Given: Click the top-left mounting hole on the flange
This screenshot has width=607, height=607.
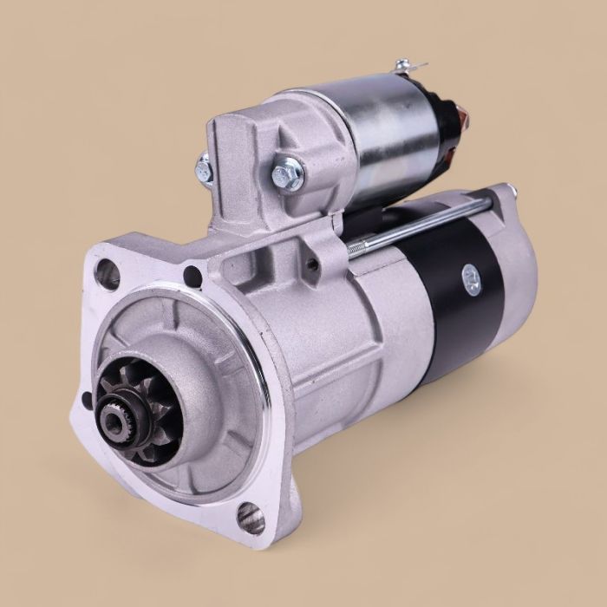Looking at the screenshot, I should [x=107, y=275].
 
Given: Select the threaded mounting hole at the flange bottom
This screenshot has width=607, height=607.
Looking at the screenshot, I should [x=250, y=518].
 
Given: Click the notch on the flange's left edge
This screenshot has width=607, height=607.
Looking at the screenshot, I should [x=86, y=401].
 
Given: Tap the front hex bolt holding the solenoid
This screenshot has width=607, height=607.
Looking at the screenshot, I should [x=288, y=175].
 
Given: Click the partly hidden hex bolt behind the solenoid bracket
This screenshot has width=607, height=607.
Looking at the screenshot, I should [x=205, y=168].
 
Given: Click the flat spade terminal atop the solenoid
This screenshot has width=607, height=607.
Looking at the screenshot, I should [x=408, y=67].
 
